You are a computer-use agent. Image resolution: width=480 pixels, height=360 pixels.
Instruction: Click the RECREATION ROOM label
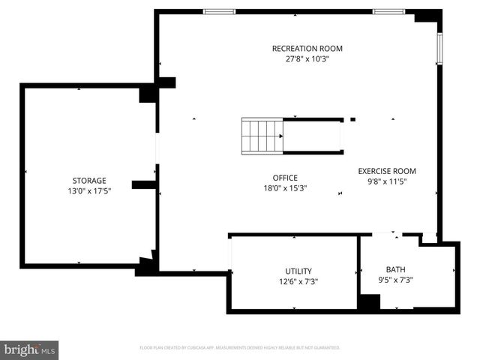click(301, 49)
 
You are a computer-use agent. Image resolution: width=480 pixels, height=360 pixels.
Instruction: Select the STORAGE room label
click(89, 181)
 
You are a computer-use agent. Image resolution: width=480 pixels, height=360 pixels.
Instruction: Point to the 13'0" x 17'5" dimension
click(89, 191)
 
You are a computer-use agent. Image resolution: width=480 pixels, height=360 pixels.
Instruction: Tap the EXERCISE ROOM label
click(387, 171)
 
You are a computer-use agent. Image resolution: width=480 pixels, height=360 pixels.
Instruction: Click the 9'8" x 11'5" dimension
click(387, 181)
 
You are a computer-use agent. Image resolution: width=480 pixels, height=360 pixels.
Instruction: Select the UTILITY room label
click(298, 271)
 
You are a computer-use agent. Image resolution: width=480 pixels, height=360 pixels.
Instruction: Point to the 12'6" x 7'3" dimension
click(298, 282)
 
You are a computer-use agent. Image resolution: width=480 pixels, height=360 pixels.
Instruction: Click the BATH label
click(395, 269)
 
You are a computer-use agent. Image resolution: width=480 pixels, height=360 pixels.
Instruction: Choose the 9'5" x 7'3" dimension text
click(395, 280)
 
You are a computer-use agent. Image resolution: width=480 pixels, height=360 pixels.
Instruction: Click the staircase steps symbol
click(261, 136)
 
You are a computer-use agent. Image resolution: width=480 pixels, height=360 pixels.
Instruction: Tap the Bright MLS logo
click(30, 349)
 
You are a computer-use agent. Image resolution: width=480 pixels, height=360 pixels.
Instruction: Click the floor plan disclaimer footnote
click(240, 348)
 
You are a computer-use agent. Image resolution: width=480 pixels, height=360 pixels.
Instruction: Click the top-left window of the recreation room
click(219, 11)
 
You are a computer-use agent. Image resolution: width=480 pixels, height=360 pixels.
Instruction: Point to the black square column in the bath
click(368, 303)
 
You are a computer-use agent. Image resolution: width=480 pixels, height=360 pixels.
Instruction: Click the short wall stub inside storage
click(142, 184)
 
